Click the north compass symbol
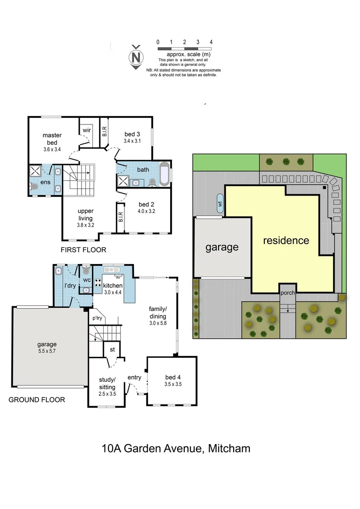click(x=136, y=57)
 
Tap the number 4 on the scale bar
click(x=211, y=42)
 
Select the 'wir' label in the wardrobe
click(x=87, y=130)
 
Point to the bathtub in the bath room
click(x=164, y=175)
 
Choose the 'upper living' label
click(x=85, y=215)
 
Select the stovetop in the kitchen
click(x=99, y=283)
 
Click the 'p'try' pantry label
click(x=97, y=319)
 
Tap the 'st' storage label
click(x=112, y=350)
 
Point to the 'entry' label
click(x=134, y=377)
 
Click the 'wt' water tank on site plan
click(x=220, y=204)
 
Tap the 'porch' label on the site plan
click(x=287, y=293)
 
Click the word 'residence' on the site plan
click(x=286, y=240)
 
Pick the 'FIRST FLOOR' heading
click(x=83, y=250)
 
